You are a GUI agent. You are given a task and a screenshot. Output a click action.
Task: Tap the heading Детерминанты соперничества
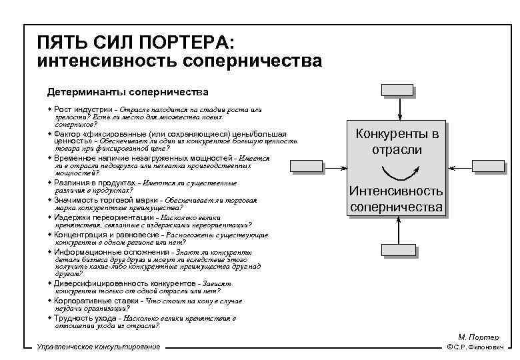127,91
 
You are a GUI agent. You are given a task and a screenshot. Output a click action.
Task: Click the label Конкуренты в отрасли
397,141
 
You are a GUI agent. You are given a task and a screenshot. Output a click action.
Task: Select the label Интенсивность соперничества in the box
397,199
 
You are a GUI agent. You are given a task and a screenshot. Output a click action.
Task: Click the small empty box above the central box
397,91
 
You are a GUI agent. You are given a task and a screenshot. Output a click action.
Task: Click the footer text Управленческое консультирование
99,347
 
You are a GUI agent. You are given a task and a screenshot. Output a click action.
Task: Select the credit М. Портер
473,337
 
